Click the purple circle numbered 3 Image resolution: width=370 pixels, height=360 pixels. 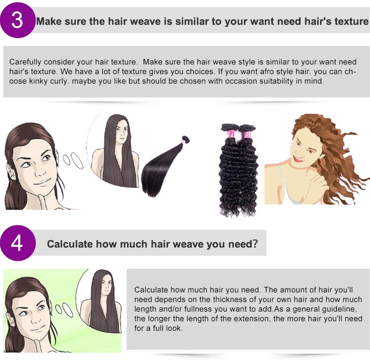[17, 20]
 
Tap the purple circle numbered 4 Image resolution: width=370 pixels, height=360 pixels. [17, 243]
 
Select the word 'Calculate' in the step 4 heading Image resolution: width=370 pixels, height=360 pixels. [69, 244]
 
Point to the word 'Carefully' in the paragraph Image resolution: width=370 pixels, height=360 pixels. [25, 62]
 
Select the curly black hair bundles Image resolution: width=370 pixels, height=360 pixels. [238, 169]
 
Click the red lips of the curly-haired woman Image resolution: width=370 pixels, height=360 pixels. [298, 159]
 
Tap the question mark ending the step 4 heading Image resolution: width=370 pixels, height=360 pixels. [255, 244]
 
